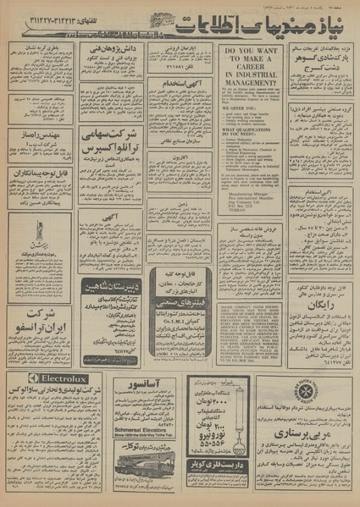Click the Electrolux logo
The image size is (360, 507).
[x=58, y=378]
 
